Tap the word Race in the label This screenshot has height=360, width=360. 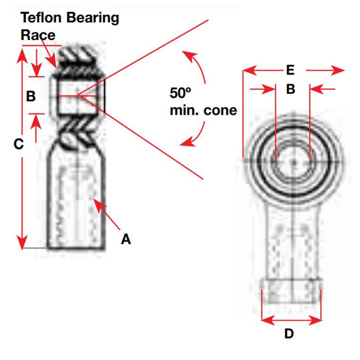(38, 35)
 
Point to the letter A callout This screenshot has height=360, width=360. (126, 238)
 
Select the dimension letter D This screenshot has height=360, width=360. (289, 334)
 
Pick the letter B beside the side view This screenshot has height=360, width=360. (31, 96)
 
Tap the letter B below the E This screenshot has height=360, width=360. (291, 89)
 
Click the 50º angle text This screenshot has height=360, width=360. (180, 93)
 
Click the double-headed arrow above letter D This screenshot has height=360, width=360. (291, 319)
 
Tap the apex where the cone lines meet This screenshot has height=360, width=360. (78, 96)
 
